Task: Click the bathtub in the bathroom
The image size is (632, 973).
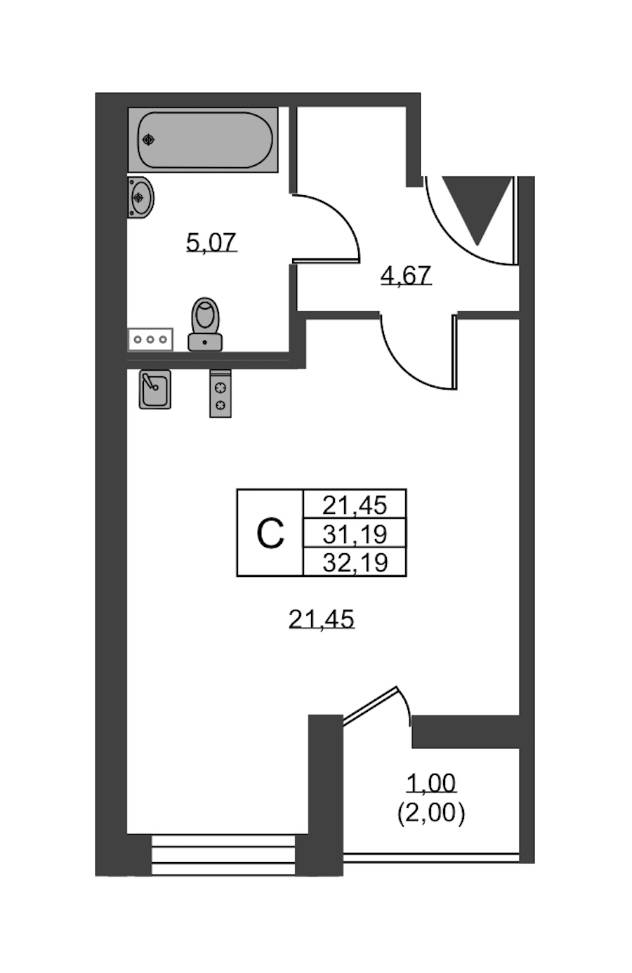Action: pos(203,140)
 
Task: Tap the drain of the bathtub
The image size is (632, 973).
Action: pos(149,140)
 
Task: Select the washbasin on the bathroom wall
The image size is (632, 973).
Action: pos(140,197)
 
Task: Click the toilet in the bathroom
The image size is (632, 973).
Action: pos(205,324)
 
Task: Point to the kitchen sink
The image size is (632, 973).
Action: pos(154,389)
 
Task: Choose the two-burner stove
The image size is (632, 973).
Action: pos(220,394)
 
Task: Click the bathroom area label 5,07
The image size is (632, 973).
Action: pos(211,242)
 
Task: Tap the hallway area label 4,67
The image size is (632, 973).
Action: pos(406,275)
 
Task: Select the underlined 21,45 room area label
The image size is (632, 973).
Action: pos(322,619)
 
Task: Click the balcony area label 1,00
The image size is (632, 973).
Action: pos(431,783)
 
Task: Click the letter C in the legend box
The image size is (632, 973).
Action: pos(270,533)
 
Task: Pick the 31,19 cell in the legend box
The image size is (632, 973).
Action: pos(355,534)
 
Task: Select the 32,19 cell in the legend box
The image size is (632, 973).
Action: pos(355,562)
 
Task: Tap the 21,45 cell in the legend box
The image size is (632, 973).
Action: pos(355,505)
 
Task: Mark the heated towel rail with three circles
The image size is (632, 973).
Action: pos(150,339)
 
